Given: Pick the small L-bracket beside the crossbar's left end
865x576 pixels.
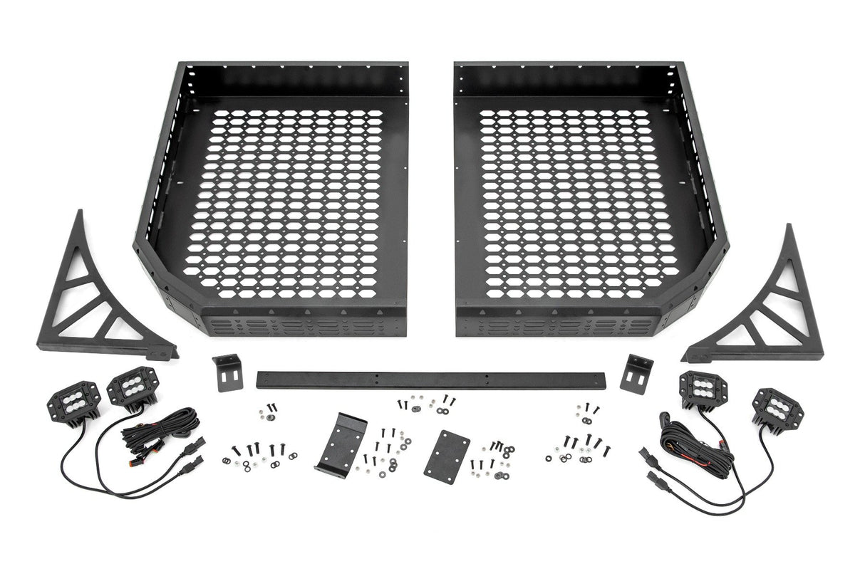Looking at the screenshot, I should coord(227,372).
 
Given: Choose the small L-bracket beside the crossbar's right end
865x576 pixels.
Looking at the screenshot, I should coord(636,372).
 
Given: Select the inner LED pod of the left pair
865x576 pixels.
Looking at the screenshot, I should coord(132,387).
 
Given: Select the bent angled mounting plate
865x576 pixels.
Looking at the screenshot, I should coord(341,441).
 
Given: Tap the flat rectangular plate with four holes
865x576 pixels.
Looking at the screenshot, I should coord(447,456).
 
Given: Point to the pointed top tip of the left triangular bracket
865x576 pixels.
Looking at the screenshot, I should coord(79,213).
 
